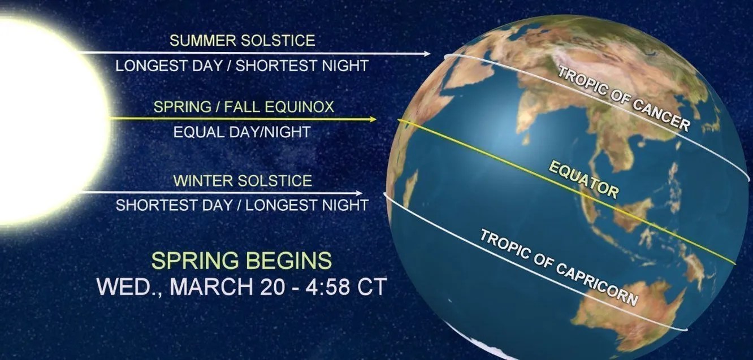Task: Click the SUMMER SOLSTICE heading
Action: click(x=242, y=41)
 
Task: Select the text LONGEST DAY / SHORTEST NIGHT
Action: click(x=242, y=66)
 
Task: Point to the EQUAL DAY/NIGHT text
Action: click(x=242, y=132)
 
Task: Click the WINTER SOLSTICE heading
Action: click(x=243, y=181)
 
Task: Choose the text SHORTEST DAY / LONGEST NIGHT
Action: click(x=242, y=205)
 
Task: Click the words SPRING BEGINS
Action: click(x=241, y=261)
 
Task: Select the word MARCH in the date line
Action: click(x=212, y=286)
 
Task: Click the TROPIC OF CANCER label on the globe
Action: click(x=624, y=98)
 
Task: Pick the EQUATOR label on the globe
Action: click(x=583, y=179)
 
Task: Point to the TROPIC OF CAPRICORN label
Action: click(x=559, y=267)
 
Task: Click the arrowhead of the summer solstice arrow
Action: click(x=427, y=54)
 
